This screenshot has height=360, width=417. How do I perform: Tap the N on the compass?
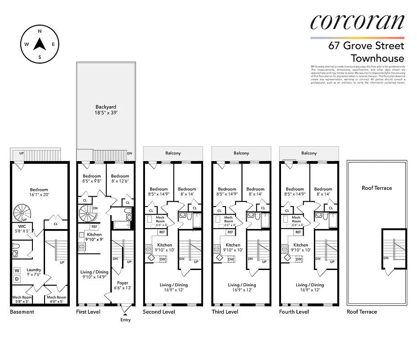coord(40,31)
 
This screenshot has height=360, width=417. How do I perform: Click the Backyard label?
coord(106,107)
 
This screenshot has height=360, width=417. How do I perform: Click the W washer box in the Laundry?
coord(18,270)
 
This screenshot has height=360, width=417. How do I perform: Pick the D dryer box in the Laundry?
coord(18,279)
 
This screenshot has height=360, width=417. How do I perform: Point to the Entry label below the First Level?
coord(125,320)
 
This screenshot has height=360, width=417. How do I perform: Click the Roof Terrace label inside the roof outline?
coord(376,188)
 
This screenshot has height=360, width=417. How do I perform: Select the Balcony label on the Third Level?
coord(241,153)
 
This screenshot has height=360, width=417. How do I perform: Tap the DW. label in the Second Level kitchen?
coord(163,259)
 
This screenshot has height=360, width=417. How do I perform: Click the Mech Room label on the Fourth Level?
coord(296,220)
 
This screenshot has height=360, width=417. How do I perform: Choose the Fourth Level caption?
coord(294,312)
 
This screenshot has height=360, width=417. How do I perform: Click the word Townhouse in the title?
coord(377,58)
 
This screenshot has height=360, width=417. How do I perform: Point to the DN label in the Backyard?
coord(130,153)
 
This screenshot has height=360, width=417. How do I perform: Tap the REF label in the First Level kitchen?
coord(95,226)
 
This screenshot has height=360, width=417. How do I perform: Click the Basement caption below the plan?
coord(22,312)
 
